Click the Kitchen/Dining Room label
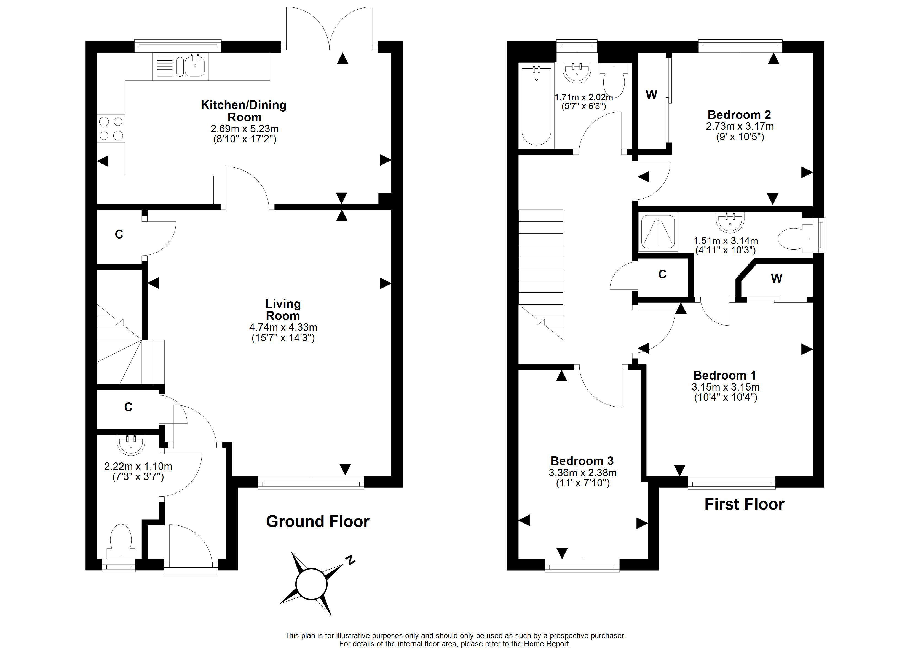point(244,111)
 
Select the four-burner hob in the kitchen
point(111,128)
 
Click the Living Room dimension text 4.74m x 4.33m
point(283,327)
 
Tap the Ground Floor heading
point(318,522)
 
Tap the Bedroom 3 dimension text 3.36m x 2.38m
point(583,473)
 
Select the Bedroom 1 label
point(725,376)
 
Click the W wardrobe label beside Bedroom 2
point(652,95)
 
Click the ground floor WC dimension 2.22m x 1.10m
point(138,467)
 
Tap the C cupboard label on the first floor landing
point(662,274)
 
